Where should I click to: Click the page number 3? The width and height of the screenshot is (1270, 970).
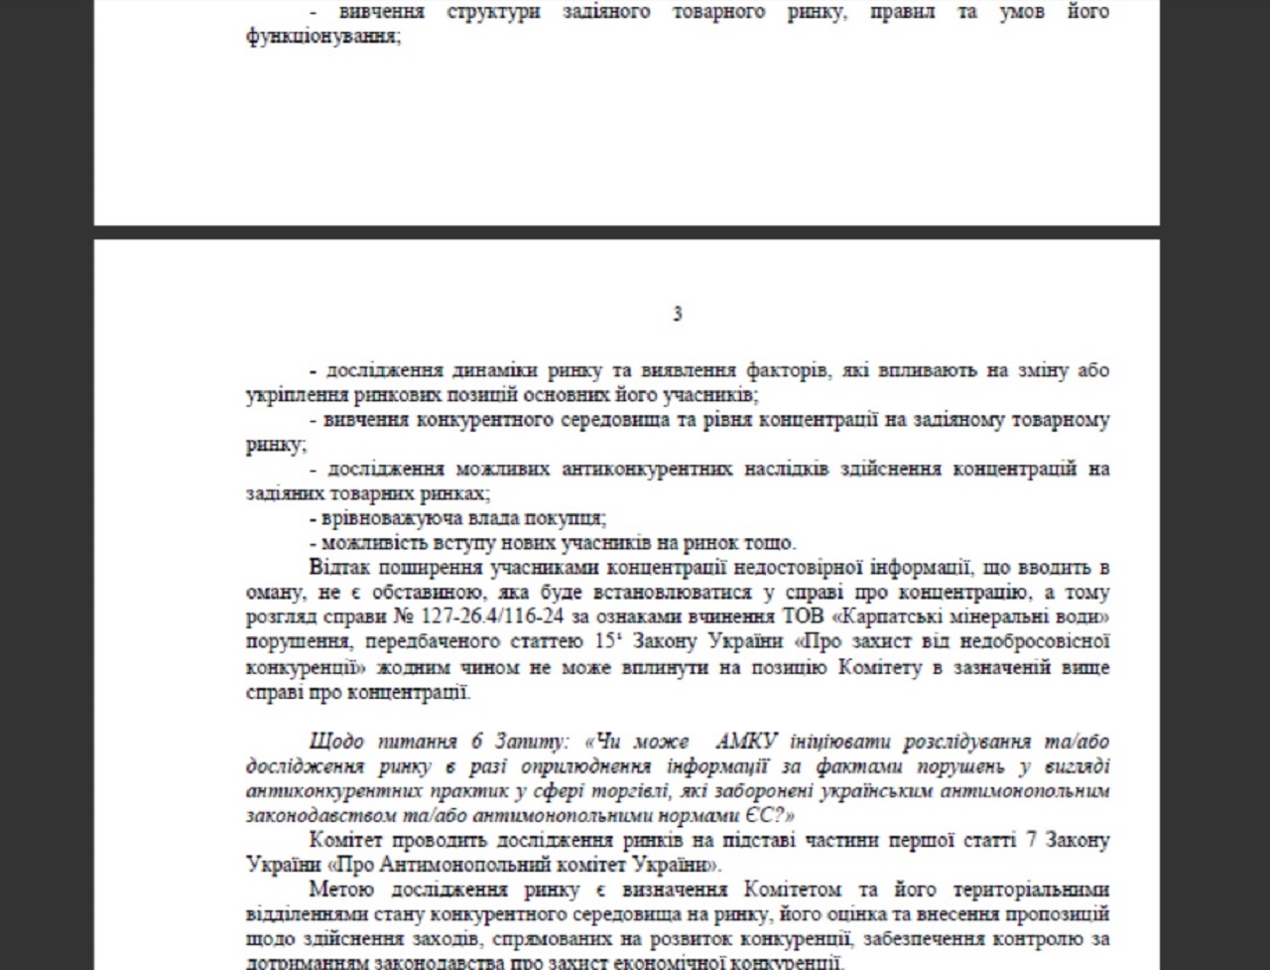pos(678,314)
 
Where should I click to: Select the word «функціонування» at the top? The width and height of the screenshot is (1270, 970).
pos(321,38)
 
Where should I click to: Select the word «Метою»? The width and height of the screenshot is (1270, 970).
pos(342,890)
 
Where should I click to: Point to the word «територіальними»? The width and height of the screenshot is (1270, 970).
pos(1028,890)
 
